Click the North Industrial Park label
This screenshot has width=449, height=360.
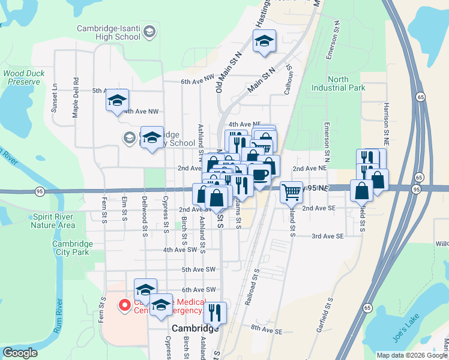(x=339, y=83)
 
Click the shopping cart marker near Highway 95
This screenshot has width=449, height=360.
(x=291, y=193)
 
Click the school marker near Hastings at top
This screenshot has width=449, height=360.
(x=264, y=41)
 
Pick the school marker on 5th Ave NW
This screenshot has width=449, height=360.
(x=117, y=100)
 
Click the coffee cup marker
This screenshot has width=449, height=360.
(x=260, y=175)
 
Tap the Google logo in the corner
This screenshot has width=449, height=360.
(x=19, y=353)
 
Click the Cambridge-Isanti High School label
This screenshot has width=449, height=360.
(x=109, y=32)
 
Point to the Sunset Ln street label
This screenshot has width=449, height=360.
(x=55, y=95)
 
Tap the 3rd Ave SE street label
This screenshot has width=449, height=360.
(x=327, y=236)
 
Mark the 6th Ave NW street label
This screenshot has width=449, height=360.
(x=197, y=82)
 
